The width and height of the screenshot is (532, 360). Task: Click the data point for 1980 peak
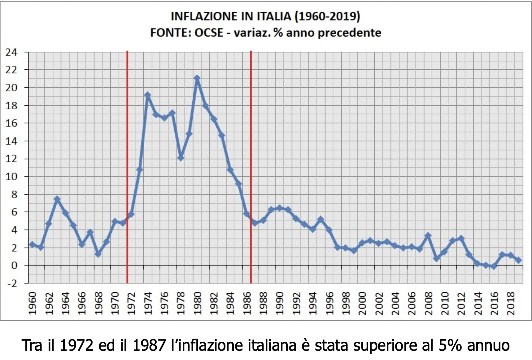coord(197,78)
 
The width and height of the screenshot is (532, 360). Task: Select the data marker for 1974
coord(147,95)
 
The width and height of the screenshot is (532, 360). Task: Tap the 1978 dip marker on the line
coord(181,158)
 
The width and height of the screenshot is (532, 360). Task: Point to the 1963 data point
coord(57,199)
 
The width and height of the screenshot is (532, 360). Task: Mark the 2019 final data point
coord(519,260)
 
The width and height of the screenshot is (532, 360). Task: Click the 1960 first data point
coord(32,244)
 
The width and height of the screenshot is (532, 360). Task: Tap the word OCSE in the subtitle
coord(208,33)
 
